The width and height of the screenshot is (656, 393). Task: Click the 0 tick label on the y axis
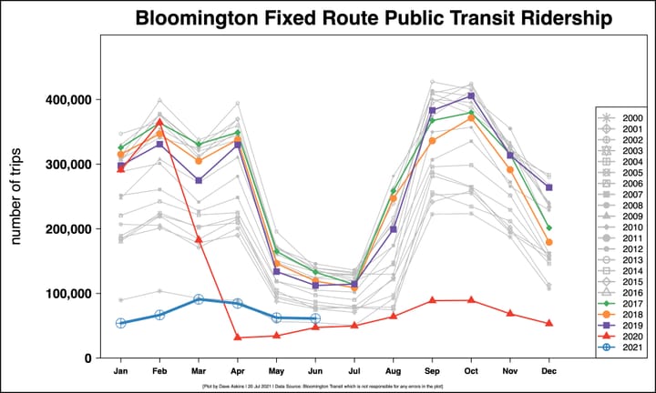pyautogui.click(x=90, y=358)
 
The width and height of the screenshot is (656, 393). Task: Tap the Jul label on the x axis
pyautogui.click(x=355, y=372)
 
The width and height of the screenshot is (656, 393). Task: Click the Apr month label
pyautogui.click(x=238, y=372)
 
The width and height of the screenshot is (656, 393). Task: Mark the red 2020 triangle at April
pyautogui.click(x=238, y=338)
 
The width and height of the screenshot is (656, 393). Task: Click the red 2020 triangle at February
pyautogui.click(x=159, y=122)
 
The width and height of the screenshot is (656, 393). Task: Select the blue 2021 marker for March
pyautogui.click(x=199, y=299)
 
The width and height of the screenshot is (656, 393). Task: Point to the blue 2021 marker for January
pyautogui.click(x=120, y=323)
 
